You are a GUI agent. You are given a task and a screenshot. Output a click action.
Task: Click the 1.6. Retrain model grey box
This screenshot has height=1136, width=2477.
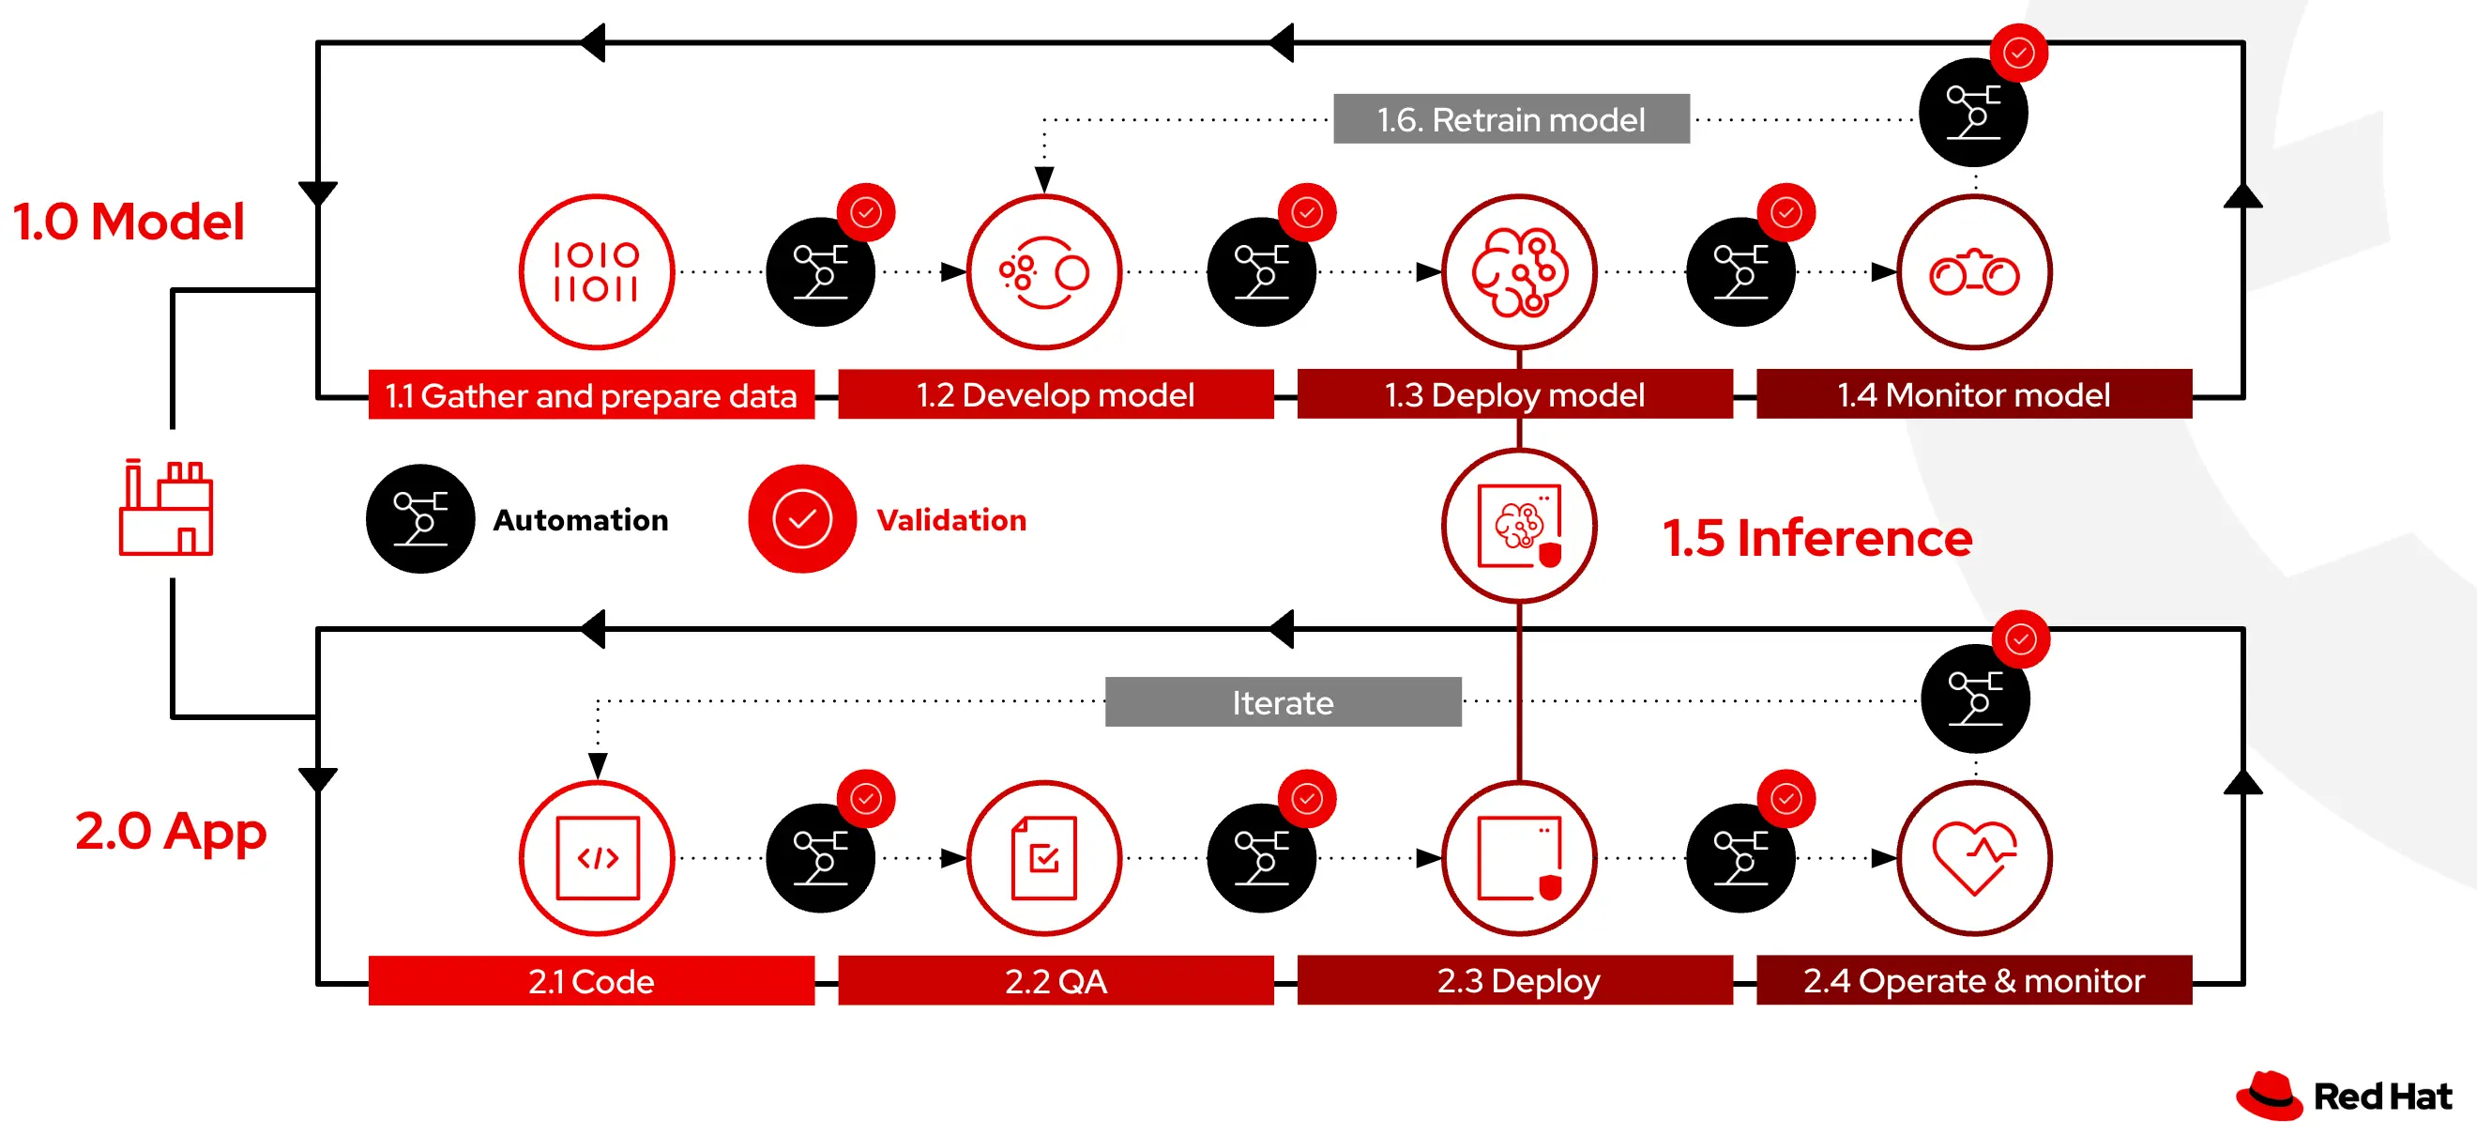(1511, 119)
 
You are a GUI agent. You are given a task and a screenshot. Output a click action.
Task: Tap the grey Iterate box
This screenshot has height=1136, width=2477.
(1283, 702)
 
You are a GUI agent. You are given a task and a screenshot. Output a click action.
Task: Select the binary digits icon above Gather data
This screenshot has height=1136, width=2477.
(596, 272)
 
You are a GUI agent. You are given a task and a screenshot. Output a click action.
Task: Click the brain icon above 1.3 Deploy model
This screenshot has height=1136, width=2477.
(1519, 272)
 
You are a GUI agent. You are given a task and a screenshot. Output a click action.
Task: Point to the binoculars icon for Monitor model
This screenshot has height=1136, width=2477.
(1974, 273)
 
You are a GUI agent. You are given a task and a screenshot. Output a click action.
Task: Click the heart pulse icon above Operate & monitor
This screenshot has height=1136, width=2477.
(1974, 858)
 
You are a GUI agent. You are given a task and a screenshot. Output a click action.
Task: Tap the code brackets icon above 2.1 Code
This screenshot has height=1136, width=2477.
(597, 858)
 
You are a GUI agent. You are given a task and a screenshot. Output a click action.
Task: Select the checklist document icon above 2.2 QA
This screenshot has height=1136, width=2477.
(1044, 858)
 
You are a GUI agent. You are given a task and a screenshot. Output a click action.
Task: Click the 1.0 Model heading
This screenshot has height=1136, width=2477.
(129, 222)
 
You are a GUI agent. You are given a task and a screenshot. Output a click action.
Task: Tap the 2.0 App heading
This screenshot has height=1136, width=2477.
(170, 830)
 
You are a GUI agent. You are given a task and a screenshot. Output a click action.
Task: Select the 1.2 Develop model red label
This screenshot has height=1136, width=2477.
(1055, 394)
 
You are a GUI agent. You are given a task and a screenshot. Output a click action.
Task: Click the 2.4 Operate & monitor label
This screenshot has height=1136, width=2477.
(1974, 980)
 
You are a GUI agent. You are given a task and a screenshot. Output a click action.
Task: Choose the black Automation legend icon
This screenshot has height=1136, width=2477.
(420, 519)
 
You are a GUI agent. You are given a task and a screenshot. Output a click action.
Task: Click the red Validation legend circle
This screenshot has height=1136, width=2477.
(802, 519)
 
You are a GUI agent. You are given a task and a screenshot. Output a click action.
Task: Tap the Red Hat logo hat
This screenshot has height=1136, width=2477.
(2270, 1096)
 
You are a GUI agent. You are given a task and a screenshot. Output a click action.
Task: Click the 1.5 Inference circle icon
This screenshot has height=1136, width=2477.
(1519, 526)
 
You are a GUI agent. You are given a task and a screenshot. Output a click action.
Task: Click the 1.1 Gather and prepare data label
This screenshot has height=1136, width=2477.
(590, 395)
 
